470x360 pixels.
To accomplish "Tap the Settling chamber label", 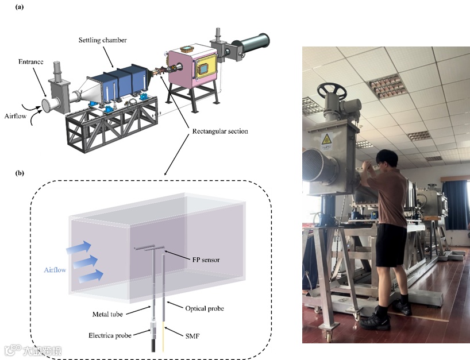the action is click(103, 40).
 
